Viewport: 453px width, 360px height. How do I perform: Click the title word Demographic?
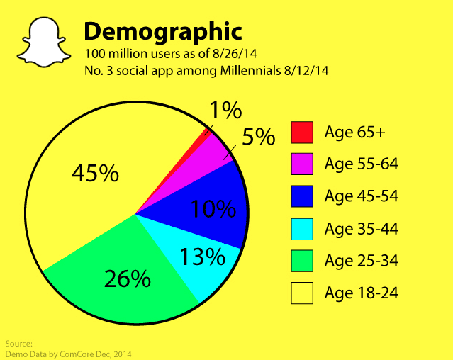coord(163,32)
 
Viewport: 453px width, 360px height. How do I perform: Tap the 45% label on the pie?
coord(95,174)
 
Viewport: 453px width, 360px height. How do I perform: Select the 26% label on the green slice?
coord(127,279)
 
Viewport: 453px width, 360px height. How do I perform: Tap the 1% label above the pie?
coord(225,111)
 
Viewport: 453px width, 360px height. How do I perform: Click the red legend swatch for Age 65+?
coord(302,132)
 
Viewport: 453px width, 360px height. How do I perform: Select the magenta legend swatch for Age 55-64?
coord(302,164)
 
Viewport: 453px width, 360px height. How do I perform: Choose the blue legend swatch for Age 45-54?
coord(302,196)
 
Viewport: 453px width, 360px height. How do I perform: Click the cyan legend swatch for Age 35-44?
coord(302,228)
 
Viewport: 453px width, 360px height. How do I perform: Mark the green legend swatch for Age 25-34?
coord(302,260)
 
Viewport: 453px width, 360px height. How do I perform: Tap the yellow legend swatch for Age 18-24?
coord(302,292)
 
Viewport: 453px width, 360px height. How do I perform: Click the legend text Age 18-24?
coord(362,292)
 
